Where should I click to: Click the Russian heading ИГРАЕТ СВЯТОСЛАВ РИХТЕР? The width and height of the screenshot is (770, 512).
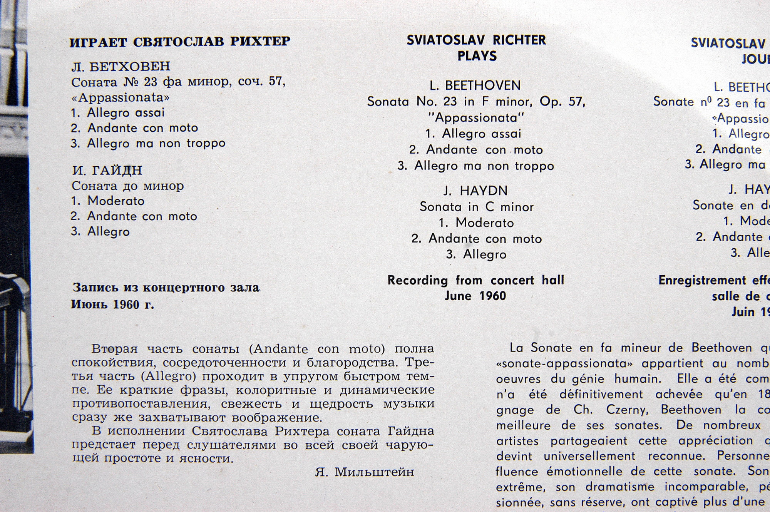(180, 42)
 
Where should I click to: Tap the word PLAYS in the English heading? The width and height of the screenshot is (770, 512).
(477, 56)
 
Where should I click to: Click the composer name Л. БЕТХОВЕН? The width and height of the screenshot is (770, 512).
(121, 67)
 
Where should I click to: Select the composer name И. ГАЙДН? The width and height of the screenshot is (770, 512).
(107, 170)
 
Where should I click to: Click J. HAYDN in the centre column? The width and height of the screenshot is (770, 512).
(475, 191)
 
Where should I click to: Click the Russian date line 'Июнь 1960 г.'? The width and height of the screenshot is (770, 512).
(112, 305)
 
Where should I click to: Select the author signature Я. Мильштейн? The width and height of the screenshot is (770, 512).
(364, 472)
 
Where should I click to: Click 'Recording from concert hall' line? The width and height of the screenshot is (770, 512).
(476, 280)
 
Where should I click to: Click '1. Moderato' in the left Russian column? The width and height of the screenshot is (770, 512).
(108, 201)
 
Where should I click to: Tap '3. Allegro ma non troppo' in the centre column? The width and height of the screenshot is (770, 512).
(476, 166)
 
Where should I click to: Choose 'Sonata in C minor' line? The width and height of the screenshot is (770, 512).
(477, 207)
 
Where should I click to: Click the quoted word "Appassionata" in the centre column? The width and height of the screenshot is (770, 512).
(476, 117)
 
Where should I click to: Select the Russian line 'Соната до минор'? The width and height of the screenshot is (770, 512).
(128, 186)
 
